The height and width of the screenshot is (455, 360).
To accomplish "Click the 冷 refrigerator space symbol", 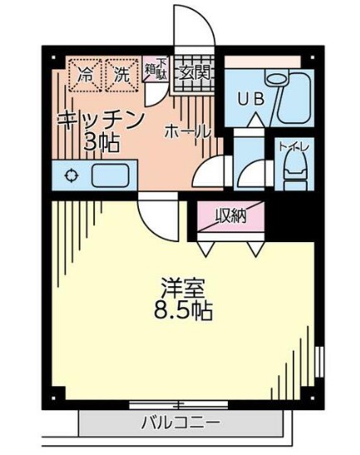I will [x=84, y=73].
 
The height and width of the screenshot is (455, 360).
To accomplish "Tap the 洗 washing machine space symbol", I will [x=122, y=73].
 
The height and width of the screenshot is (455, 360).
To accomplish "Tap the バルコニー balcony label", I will [x=180, y=422].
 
